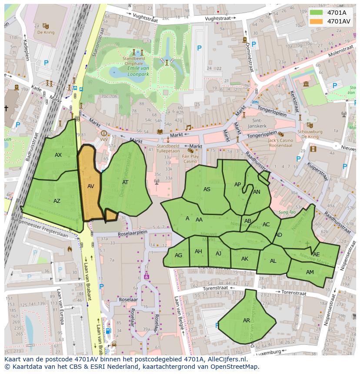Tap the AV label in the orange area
90,186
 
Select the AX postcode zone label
58,155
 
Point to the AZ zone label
57,201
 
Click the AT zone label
125,182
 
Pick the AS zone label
207,189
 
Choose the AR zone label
247,321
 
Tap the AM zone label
310,272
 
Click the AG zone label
178,255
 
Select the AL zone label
273,261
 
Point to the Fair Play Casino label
190,159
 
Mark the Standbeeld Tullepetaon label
168,149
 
